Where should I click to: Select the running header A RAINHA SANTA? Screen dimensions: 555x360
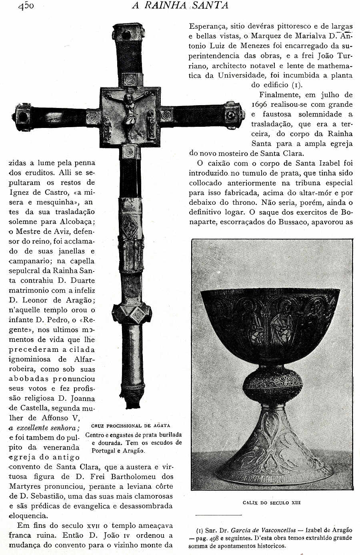click(x=180, y=5)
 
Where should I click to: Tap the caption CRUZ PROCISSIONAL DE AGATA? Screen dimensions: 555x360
click(x=130, y=425)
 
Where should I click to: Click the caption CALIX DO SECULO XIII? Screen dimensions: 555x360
click(x=272, y=503)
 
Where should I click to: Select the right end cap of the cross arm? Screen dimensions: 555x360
click(x=234, y=115)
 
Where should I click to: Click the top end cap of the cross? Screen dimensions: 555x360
click(x=129, y=32)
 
